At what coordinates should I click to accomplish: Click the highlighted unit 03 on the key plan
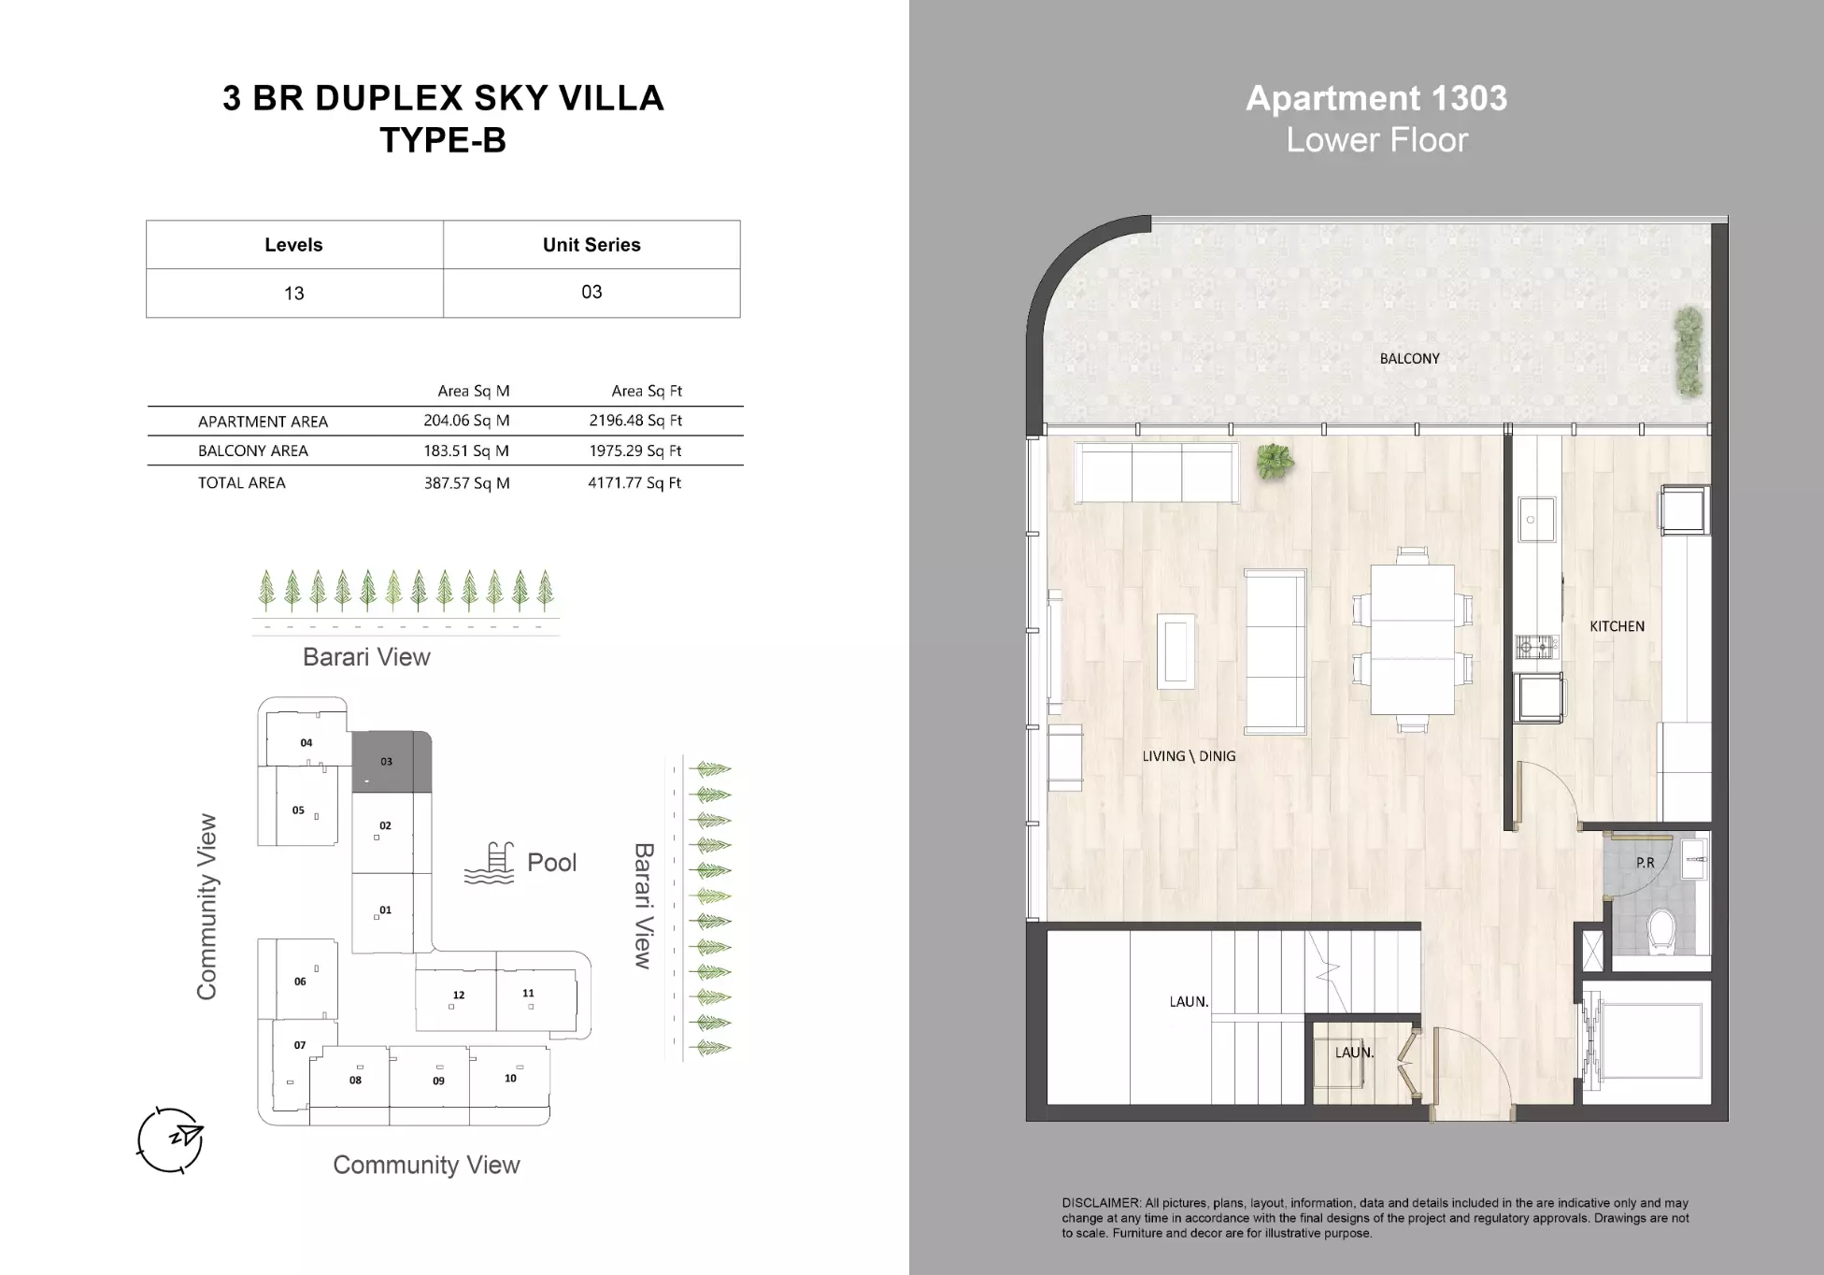click(x=391, y=762)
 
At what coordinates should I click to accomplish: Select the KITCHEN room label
click(x=1617, y=626)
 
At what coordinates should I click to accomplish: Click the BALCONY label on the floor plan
click(x=1409, y=359)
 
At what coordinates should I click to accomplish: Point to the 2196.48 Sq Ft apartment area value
click(x=635, y=421)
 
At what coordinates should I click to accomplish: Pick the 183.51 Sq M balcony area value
click(x=465, y=451)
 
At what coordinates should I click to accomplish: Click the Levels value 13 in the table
click(x=293, y=294)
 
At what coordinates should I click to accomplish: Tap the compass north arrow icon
click(x=171, y=1139)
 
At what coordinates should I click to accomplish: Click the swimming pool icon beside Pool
click(x=490, y=864)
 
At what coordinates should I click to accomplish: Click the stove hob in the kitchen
click(x=1536, y=646)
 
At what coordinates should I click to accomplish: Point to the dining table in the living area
click(x=1412, y=638)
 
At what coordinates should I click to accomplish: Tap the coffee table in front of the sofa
click(x=1176, y=652)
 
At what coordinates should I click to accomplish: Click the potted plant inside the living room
click(x=1275, y=460)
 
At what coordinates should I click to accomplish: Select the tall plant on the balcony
click(x=1688, y=352)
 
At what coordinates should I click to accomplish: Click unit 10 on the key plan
click(x=509, y=1078)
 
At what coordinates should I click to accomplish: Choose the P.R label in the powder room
click(x=1645, y=863)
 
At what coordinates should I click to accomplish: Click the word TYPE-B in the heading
click(x=443, y=140)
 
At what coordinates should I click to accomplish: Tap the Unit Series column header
click(x=591, y=245)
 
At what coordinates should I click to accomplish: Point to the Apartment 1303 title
click(x=1375, y=98)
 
